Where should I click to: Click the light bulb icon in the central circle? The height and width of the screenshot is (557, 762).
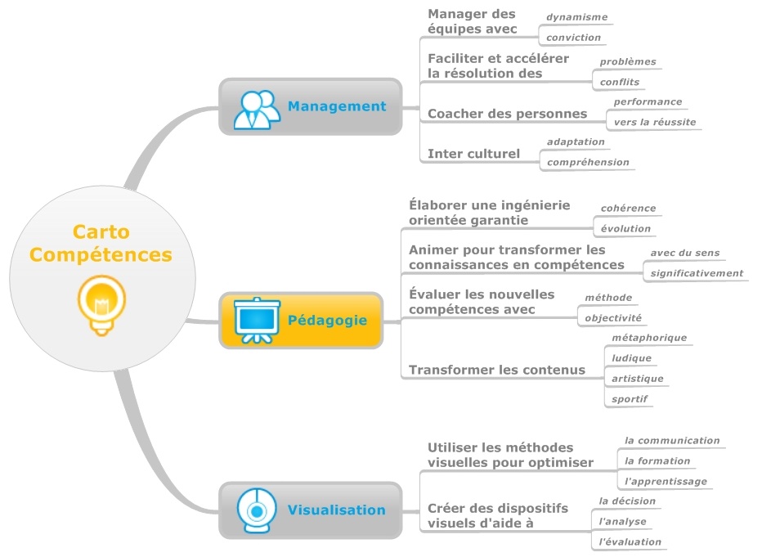click(x=101, y=304)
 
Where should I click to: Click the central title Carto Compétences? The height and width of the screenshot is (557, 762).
click(x=101, y=243)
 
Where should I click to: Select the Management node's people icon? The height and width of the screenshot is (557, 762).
click(x=257, y=107)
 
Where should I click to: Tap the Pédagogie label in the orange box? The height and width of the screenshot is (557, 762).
click(x=327, y=321)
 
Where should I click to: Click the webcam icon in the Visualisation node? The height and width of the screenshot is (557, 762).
click(x=257, y=510)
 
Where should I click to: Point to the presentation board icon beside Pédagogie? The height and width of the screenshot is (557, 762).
click(x=257, y=320)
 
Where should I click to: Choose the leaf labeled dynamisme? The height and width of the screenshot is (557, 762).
click(x=576, y=16)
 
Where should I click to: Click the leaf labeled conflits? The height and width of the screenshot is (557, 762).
click(x=619, y=82)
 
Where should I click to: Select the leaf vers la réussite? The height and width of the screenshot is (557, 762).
click(x=655, y=122)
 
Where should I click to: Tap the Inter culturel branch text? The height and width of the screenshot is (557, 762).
click(x=473, y=154)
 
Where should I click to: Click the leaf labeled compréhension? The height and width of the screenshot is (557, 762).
click(x=588, y=162)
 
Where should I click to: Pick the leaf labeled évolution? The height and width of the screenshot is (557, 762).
click(x=625, y=228)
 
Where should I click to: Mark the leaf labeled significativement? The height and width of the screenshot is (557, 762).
click(x=697, y=273)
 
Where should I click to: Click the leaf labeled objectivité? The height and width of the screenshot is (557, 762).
click(x=613, y=317)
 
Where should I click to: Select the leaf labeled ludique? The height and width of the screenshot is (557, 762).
click(x=631, y=357)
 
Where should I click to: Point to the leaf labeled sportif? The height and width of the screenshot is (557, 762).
click(x=630, y=399)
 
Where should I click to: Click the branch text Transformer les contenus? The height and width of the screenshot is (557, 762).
click(x=496, y=370)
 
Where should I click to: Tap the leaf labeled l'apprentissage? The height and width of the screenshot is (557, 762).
click(x=666, y=481)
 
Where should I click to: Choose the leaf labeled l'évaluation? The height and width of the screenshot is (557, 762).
click(x=630, y=541)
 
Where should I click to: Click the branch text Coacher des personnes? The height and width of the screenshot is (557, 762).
click(x=507, y=114)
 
